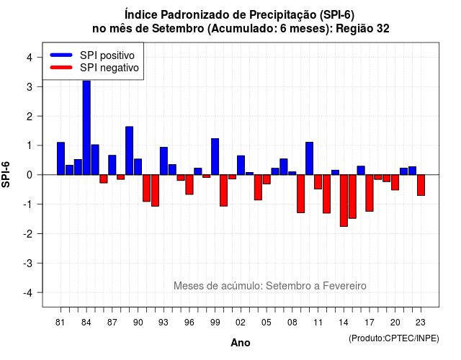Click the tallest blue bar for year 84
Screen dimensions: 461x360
(86, 127)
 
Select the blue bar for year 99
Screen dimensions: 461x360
(215, 157)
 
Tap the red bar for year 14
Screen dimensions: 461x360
(344, 200)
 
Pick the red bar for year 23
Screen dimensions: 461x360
(421, 185)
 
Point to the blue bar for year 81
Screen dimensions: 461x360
(61, 158)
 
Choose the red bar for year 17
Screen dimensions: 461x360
(370, 193)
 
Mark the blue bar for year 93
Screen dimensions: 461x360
(164, 161)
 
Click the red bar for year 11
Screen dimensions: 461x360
(318, 182)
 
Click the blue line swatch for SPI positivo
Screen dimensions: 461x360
(61, 55)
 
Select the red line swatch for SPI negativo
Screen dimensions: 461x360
(61, 68)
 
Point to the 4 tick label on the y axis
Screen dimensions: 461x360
(30, 58)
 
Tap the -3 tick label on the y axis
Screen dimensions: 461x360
(28, 263)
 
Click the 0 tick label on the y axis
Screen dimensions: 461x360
(30, 175)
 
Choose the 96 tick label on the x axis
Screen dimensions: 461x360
(189, 323)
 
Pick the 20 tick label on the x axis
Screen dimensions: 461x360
(395, 323)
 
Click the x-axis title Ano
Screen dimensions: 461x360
(241, 343)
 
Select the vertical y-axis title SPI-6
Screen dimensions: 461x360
(6, 174)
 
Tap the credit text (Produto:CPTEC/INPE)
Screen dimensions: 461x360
(394, 338)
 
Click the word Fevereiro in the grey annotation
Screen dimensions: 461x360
(344, 286)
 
